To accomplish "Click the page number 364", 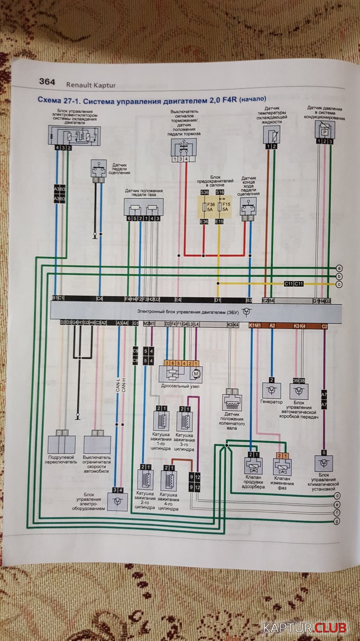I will pyautogui.click(x=47, y=82).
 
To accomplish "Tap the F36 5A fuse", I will pyautogui.click(x=204, y=207).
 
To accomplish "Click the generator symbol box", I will pyautogui.click(x=271, y=390).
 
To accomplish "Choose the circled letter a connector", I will pyautogui.click(x=339, y=268).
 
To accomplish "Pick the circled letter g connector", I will pyautogui.click(x=337, y=521).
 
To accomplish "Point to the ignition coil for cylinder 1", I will pyautogui.click(x=161, y=420).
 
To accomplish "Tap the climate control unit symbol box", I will pyautogui.click(x=324, y=463).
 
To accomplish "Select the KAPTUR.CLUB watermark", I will pyautogui.click(x=304, y=628).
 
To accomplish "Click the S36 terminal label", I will pyautogui.click(x=204, y=193).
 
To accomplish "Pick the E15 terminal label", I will pyautogui.click(x=219, y=222).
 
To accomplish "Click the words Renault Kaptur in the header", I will pyautogui.click(x=91, y=85).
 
